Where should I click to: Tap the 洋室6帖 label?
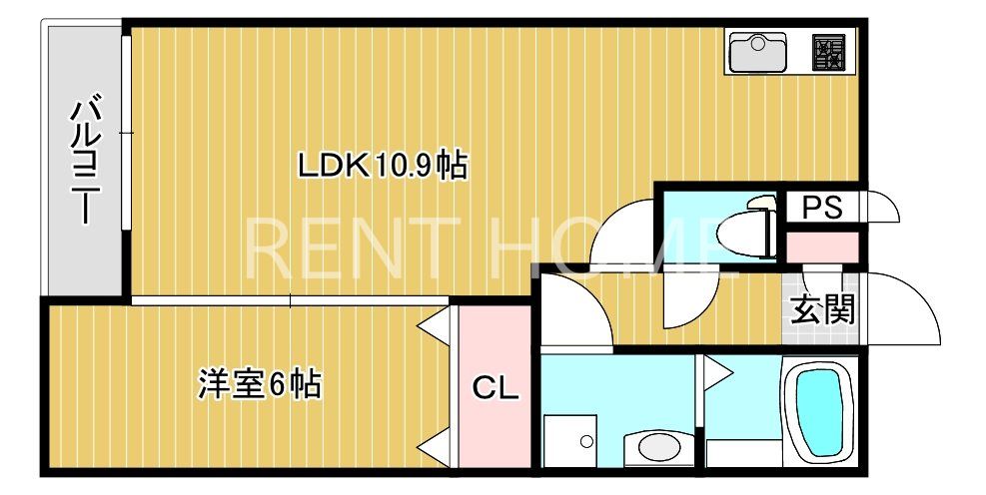[x=260, y=384]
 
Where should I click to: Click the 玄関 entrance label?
[x=824, y=310]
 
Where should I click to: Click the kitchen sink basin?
[x=758, y=51]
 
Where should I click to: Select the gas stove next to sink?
[x=829, y=51]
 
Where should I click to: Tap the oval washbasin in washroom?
[x=656, y=445]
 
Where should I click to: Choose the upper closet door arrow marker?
[x=433, y=326]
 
